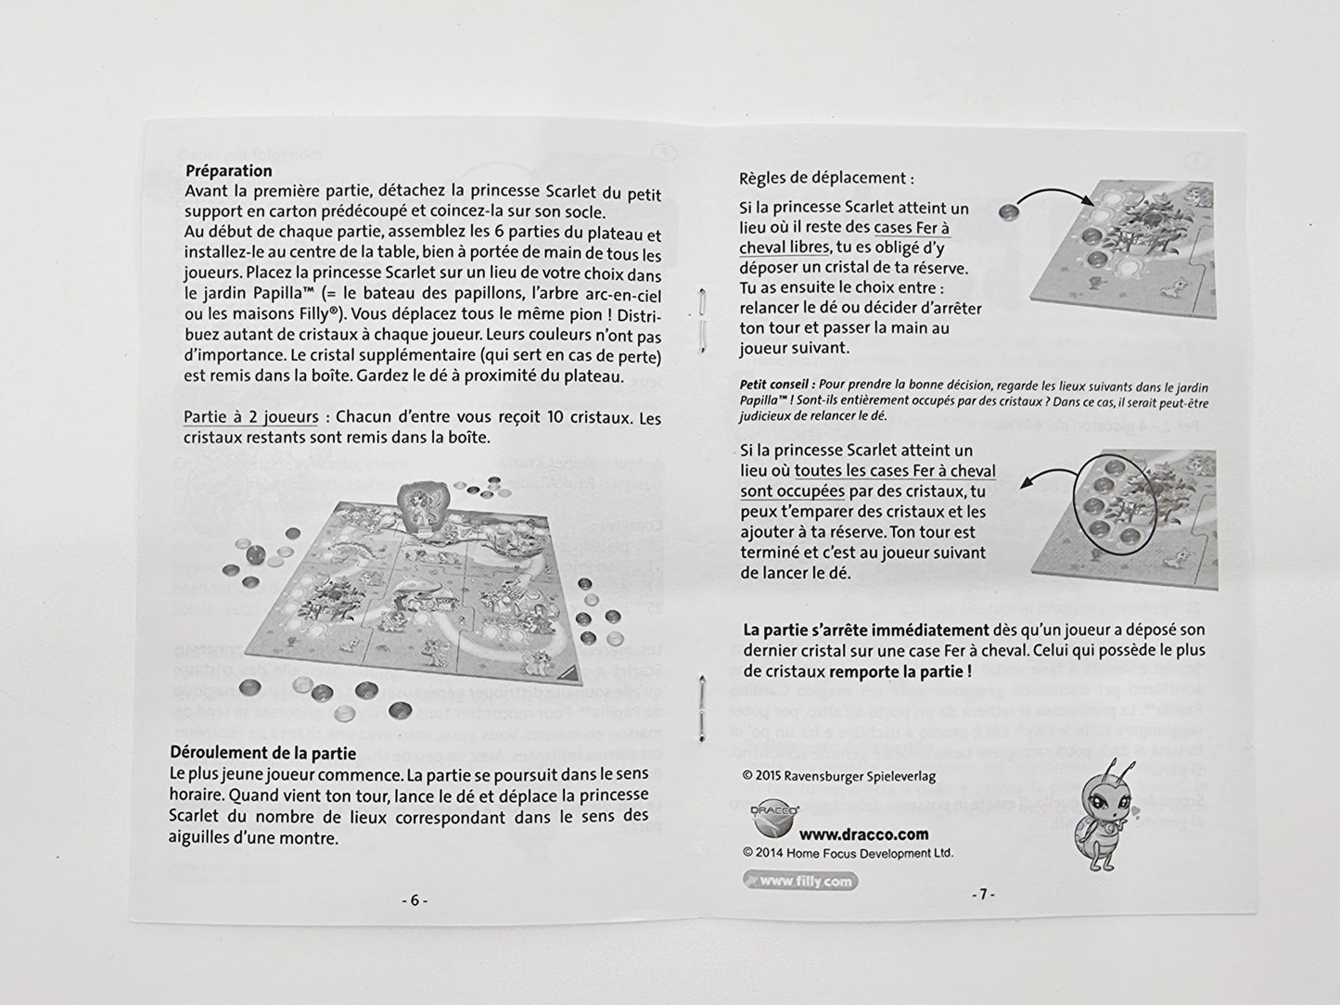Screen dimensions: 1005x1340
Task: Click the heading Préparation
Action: (228, 171)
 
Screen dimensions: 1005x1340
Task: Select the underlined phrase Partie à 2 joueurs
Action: (250, 417)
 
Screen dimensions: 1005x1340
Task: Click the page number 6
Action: (415, 899)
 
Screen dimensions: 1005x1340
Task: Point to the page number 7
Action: (983, 895)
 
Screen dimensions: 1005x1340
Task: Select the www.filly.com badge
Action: (799, 882)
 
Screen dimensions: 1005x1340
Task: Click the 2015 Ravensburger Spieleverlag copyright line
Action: (839, 776)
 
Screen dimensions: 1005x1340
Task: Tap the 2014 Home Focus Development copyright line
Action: (848, 853)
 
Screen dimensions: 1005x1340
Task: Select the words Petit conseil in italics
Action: (777, 387)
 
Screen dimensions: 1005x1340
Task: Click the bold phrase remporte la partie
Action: (900, 671)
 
